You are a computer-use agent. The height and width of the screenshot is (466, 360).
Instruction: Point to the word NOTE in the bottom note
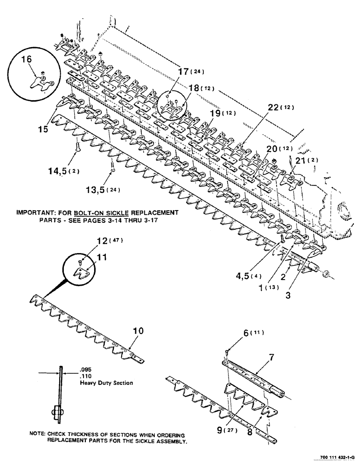click(36, 433)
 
